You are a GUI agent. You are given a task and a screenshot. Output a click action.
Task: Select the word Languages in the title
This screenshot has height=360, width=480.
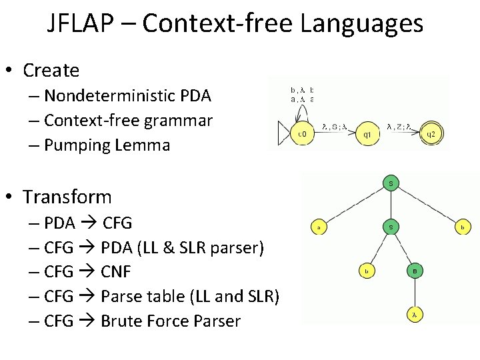362,24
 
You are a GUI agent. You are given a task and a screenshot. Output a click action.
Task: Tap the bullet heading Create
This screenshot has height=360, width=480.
51,70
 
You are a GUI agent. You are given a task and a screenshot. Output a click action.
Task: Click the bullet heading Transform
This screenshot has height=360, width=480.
67,197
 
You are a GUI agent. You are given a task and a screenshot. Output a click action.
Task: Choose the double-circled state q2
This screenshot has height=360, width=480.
430,133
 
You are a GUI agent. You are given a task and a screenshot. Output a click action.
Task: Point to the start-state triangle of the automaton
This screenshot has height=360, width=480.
283,134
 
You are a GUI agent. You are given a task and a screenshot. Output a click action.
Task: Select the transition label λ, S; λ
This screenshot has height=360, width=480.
333,125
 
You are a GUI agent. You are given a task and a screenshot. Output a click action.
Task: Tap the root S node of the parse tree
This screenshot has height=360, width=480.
391,183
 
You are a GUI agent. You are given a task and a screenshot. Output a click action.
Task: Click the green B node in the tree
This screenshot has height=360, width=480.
414,271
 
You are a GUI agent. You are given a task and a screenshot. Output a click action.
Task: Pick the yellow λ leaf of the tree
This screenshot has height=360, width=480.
414,314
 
